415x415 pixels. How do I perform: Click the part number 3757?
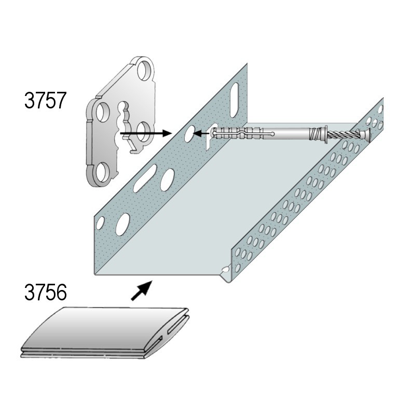45,101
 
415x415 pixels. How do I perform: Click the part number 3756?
45,292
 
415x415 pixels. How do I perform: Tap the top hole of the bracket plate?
145,70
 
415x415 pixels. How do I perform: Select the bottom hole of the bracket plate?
102,172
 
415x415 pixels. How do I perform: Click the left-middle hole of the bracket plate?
102,112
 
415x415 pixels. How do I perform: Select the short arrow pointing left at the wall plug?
201,134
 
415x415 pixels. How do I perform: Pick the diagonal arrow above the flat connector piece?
142,290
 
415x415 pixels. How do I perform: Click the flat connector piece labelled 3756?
105,333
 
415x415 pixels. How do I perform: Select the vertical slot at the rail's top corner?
235,100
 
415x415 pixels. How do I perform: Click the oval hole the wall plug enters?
189,134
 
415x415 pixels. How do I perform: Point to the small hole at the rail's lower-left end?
100,223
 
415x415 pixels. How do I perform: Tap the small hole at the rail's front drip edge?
226,269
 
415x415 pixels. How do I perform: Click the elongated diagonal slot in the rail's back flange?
145,178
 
